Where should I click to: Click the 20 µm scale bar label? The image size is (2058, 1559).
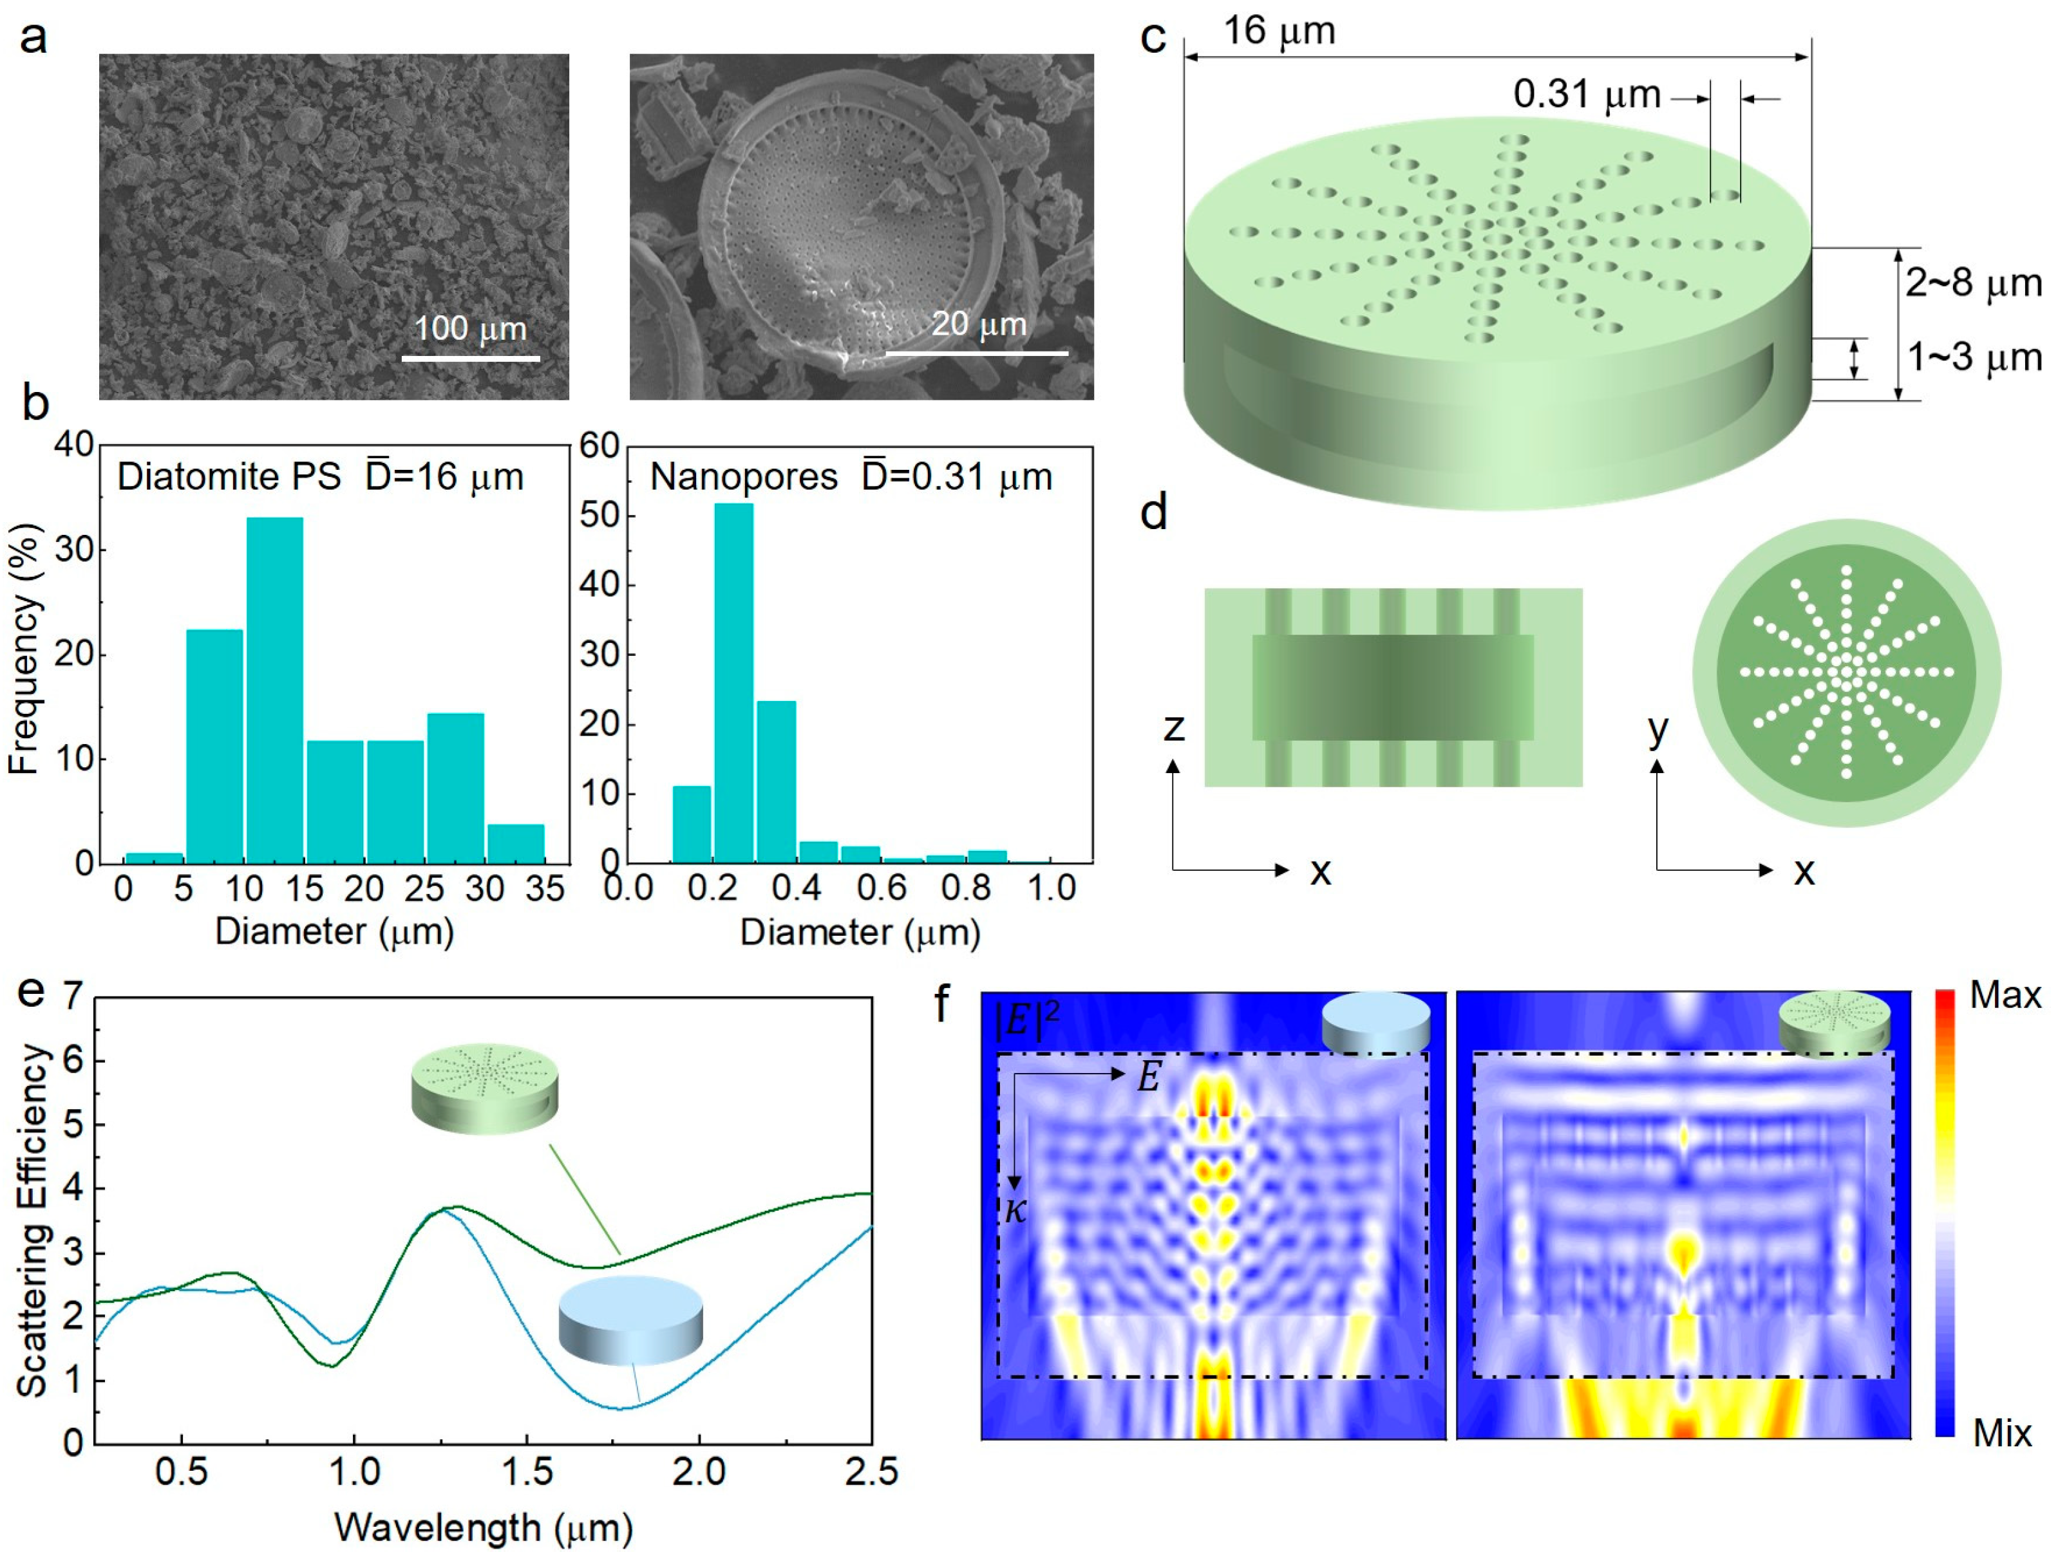979,324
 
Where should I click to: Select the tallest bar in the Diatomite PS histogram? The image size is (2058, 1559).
274,688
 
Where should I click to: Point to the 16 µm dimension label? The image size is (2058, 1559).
1279,31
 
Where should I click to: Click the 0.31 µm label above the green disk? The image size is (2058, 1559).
1586,94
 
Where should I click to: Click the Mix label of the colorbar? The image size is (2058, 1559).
2002,1433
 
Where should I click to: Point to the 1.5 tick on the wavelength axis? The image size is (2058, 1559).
527,1471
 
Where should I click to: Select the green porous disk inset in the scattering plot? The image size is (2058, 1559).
485,1087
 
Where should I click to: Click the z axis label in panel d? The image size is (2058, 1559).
1174,727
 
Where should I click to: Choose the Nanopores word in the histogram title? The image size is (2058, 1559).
743,477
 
